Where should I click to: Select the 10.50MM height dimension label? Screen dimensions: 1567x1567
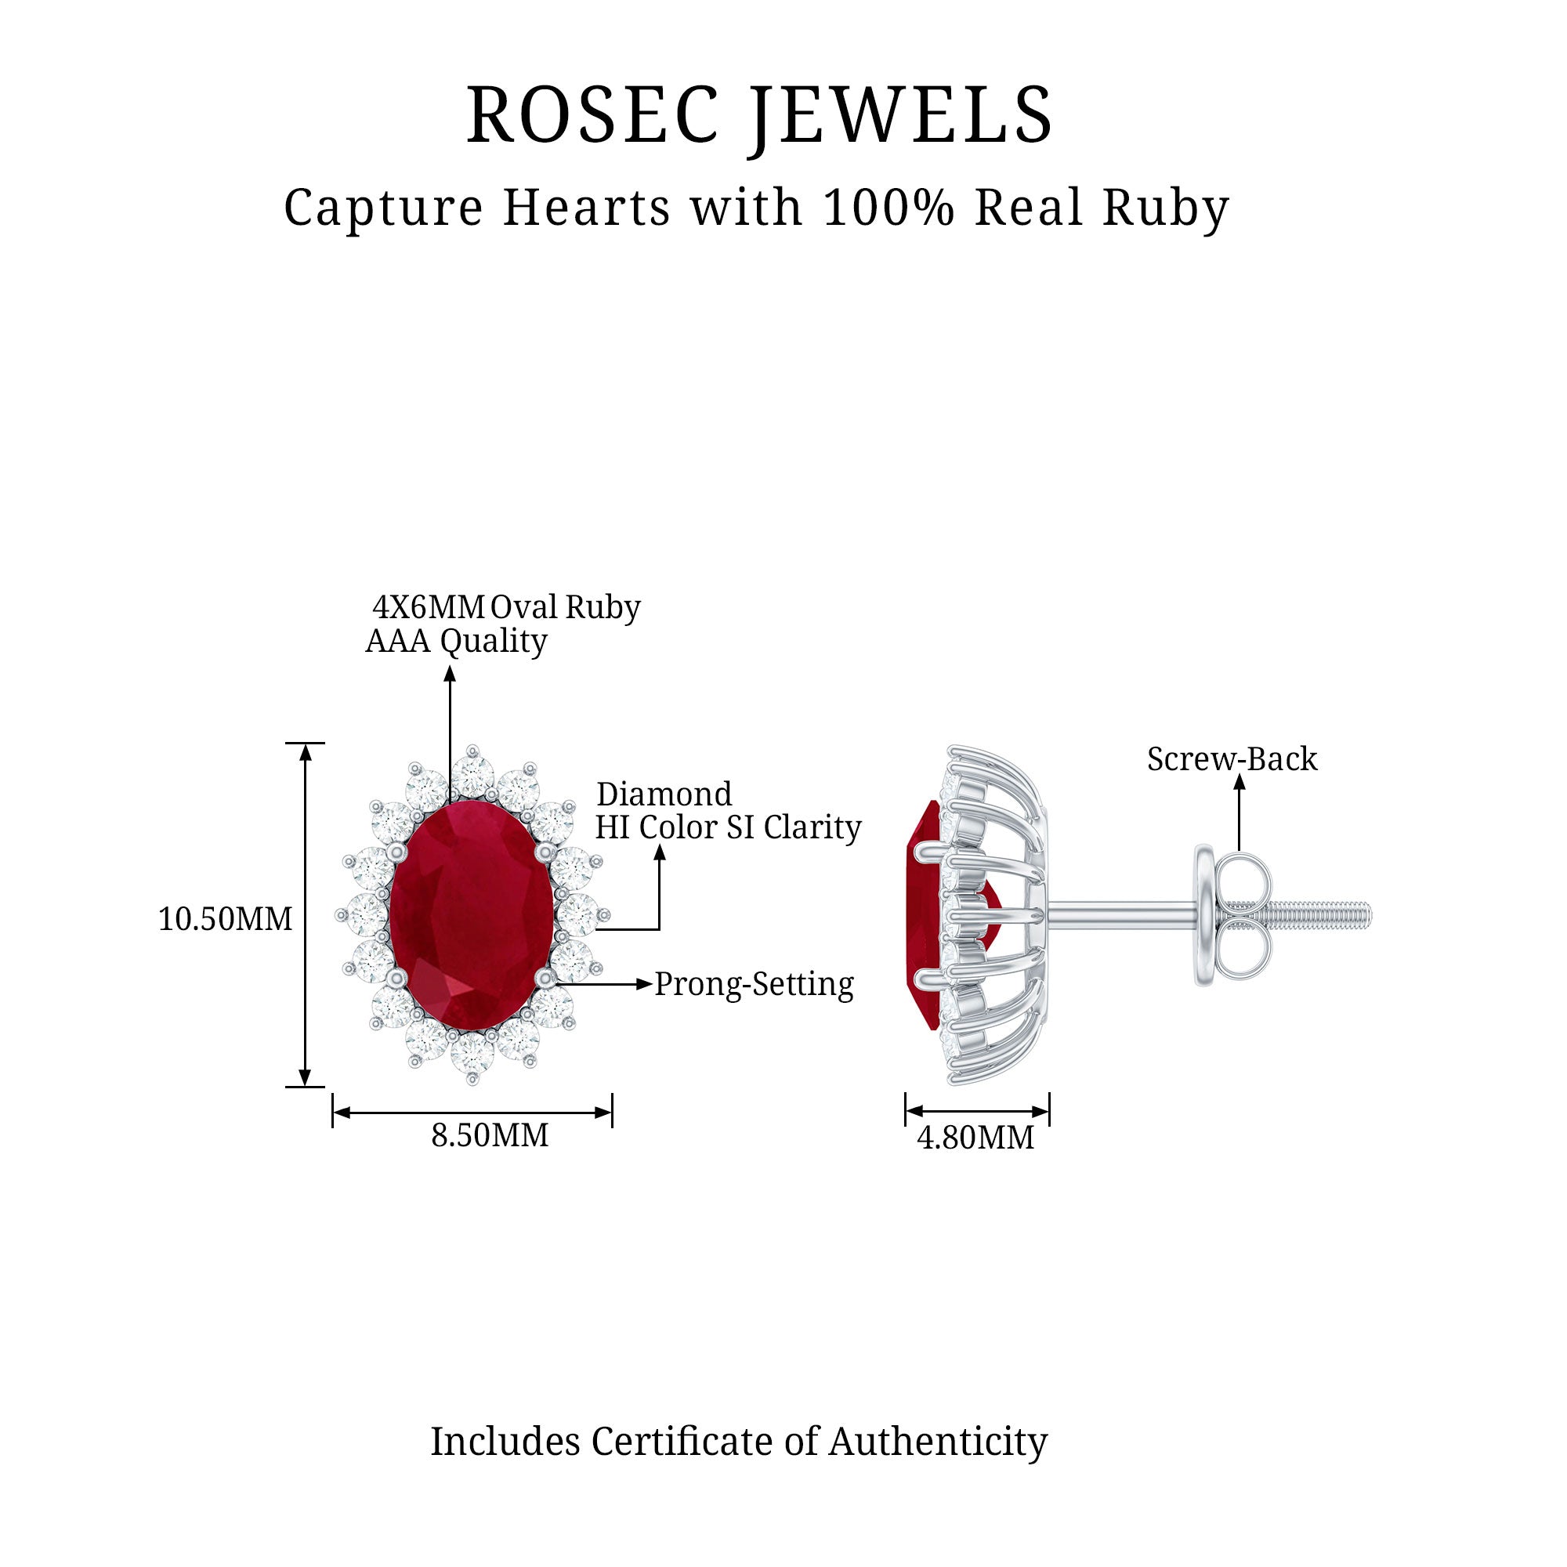pos(225,919)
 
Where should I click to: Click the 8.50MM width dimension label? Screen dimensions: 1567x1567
pos(489,1135)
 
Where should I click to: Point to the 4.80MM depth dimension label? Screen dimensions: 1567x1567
pos(975,1138)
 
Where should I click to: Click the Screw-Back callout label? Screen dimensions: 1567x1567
pos(1231,759)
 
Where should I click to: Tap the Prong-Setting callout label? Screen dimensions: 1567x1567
pos(754,984)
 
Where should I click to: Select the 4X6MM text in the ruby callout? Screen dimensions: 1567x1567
pos(428,606)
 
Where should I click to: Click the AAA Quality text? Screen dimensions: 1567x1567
pos(456,641)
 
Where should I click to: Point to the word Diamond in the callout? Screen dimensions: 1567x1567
pos(664,793)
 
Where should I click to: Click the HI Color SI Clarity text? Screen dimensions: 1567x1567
pos(728,827)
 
